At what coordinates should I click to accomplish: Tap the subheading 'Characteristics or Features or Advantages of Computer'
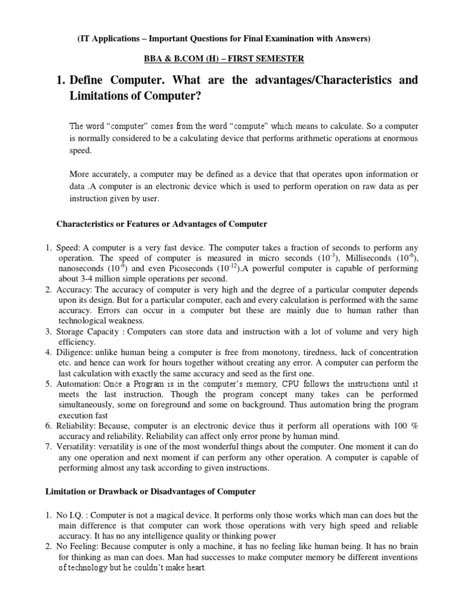tap(161, 224)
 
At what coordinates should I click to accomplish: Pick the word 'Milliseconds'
tap(358, 257)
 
